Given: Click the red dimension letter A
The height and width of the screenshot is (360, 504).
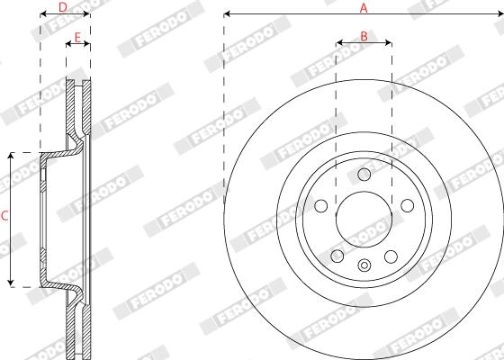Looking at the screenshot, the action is pyautogui.click(x=364, y=8).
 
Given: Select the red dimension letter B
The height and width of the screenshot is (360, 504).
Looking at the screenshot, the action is pyautogui.click(x=364, y=37).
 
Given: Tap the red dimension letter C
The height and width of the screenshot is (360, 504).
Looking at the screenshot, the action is pyautogui.click(x=4, y=216).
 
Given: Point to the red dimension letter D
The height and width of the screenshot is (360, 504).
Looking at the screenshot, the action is pyautogui.click(x=63, y=7).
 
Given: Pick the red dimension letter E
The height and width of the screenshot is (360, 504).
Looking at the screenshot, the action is pyautogui.click(x=77, y=38).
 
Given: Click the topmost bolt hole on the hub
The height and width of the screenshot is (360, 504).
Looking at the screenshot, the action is pyautogui.click(x=364, y=175).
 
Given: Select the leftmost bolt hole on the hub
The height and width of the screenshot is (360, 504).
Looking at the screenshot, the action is pyautogui.click(x=320, y=206).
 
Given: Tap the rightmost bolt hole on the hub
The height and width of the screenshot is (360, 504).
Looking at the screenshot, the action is pyautogui.click(x=407, y=205).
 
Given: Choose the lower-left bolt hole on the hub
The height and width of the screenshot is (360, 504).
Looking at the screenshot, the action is pyautogui.click(x=337, y=256).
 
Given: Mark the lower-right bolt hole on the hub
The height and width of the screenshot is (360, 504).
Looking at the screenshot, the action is pyautogui.click(x=391, y=256).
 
